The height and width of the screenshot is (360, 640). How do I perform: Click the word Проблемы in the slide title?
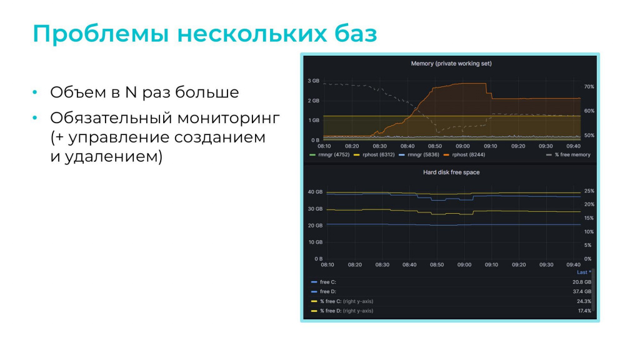click(101, 34)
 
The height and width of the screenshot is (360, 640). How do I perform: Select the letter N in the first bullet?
click(131, 92)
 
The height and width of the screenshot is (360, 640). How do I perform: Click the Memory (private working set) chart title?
click(451, 64)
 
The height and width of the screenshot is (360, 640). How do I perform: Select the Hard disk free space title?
click(451, 172)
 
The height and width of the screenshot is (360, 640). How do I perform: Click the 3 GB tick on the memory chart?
click(314, 81)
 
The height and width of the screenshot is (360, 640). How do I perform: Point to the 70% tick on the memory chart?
click(589, 86)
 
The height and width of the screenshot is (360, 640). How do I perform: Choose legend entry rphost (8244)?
click(464, 155)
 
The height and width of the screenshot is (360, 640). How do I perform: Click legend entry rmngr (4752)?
click(329, 155)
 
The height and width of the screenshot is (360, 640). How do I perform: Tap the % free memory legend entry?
click(568, 155)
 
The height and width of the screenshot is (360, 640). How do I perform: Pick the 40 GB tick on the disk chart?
click(315, 192)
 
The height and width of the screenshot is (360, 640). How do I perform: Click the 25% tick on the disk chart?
click(589, 191)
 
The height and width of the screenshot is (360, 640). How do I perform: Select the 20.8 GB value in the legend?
click(582, 282)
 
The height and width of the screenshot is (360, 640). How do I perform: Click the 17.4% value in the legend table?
click(584, 311)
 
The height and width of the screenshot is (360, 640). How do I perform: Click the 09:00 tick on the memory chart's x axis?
click(462, 146)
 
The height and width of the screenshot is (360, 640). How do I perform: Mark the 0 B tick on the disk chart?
click(318, 259)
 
